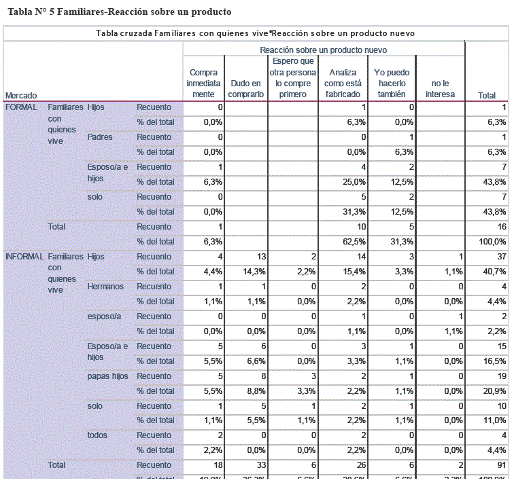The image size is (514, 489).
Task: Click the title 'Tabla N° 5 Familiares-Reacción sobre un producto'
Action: point(119,12)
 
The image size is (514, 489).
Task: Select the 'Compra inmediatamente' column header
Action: point(203,84)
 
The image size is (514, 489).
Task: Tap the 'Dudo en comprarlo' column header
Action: point(245,89)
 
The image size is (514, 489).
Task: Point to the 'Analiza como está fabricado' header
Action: point(343,84)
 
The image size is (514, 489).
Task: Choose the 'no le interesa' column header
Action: point(440,89)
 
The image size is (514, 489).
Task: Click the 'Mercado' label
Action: point(21,95)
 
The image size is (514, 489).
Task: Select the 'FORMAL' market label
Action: point(21,107)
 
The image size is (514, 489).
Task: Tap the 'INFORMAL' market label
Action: point(24,257)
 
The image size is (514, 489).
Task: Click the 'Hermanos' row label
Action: point(105,287)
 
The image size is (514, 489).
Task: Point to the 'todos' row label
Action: point(98,435)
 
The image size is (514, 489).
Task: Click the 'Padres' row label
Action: point(100,137)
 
